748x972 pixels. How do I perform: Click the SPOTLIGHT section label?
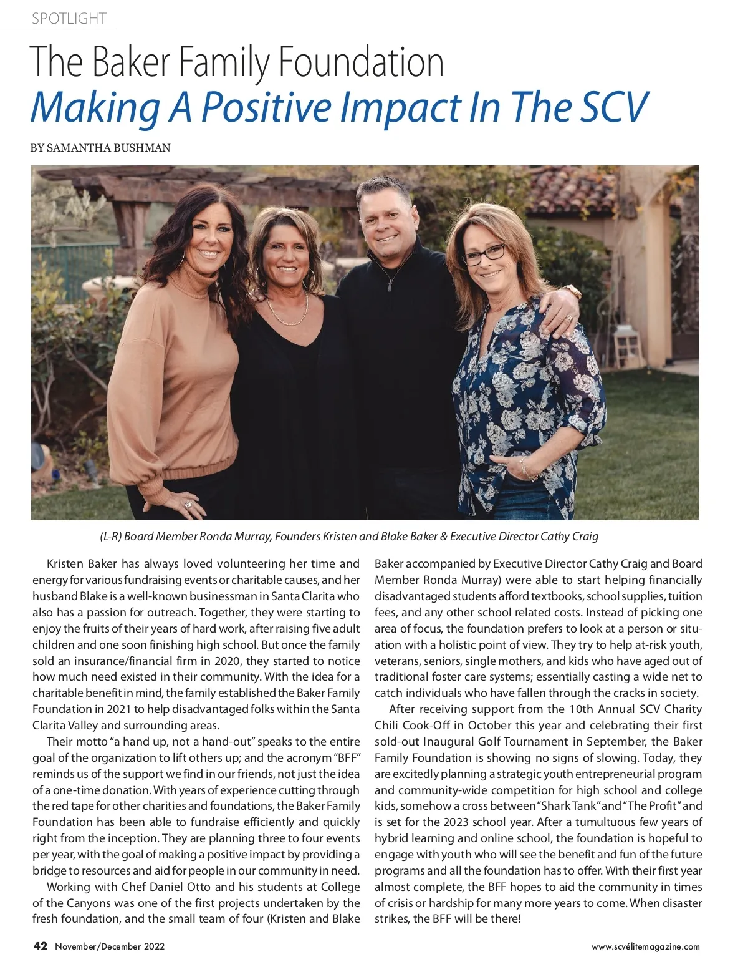(x=69, y=19)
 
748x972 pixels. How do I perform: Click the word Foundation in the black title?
(x=361, y=62)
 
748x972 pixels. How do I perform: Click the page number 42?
(x=40, y=946)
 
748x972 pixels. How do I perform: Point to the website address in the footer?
(x=645, y=946)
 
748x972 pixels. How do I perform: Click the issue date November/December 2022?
(x=110, y=946)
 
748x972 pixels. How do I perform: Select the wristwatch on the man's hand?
(x=572, y=291)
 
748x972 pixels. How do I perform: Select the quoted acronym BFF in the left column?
(x=347, y=758)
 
